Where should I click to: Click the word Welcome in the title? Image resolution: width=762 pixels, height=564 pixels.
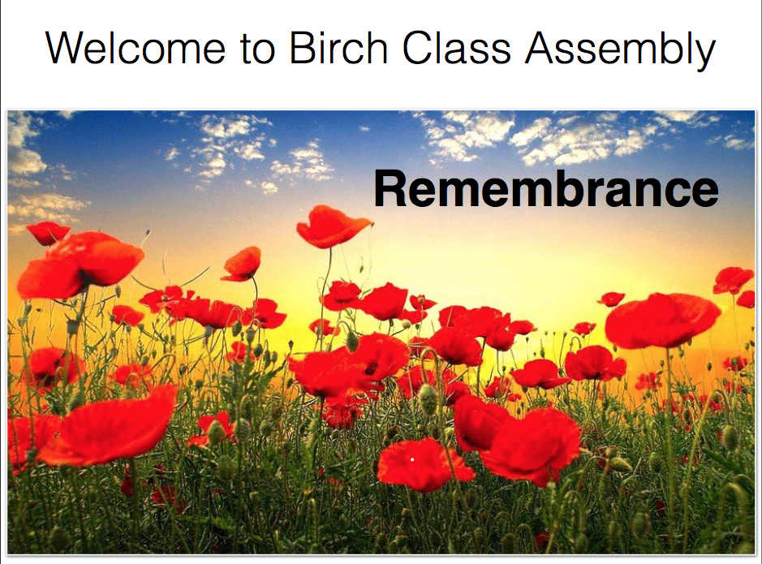(x=136, y=48)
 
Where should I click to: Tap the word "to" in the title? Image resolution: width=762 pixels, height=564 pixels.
(x=257, y=49)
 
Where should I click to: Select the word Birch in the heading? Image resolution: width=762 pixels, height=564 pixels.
(x=338, y=48)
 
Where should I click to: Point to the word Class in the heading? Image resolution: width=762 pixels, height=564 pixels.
(x=457, y=48)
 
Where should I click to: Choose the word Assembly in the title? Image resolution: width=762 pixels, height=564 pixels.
(x=621, y=51)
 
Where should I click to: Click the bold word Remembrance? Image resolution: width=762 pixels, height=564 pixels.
(x=546, y=188)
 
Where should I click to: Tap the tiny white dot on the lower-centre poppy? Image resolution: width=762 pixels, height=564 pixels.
(x=412, y=459)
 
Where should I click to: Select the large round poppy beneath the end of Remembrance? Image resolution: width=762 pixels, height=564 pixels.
(x=662, y=321)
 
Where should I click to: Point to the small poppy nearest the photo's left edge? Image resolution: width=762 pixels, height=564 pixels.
(x=48, y=233)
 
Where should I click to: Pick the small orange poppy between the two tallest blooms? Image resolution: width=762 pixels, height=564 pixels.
(x=242, y=265)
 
